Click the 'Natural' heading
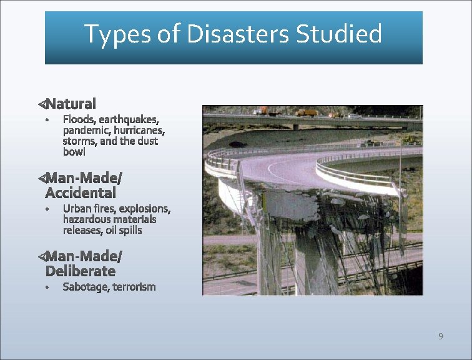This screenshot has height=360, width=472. (71, 103)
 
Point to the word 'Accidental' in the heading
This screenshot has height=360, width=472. (81, 192)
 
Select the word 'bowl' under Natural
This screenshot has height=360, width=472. (74, 152)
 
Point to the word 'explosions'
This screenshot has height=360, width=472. (144, 208)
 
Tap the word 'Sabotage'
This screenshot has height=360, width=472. (86, 287)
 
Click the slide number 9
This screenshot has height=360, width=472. (441, 337)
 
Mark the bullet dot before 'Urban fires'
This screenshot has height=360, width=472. (47, 209)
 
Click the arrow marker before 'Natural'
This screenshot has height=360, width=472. (41, 102)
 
